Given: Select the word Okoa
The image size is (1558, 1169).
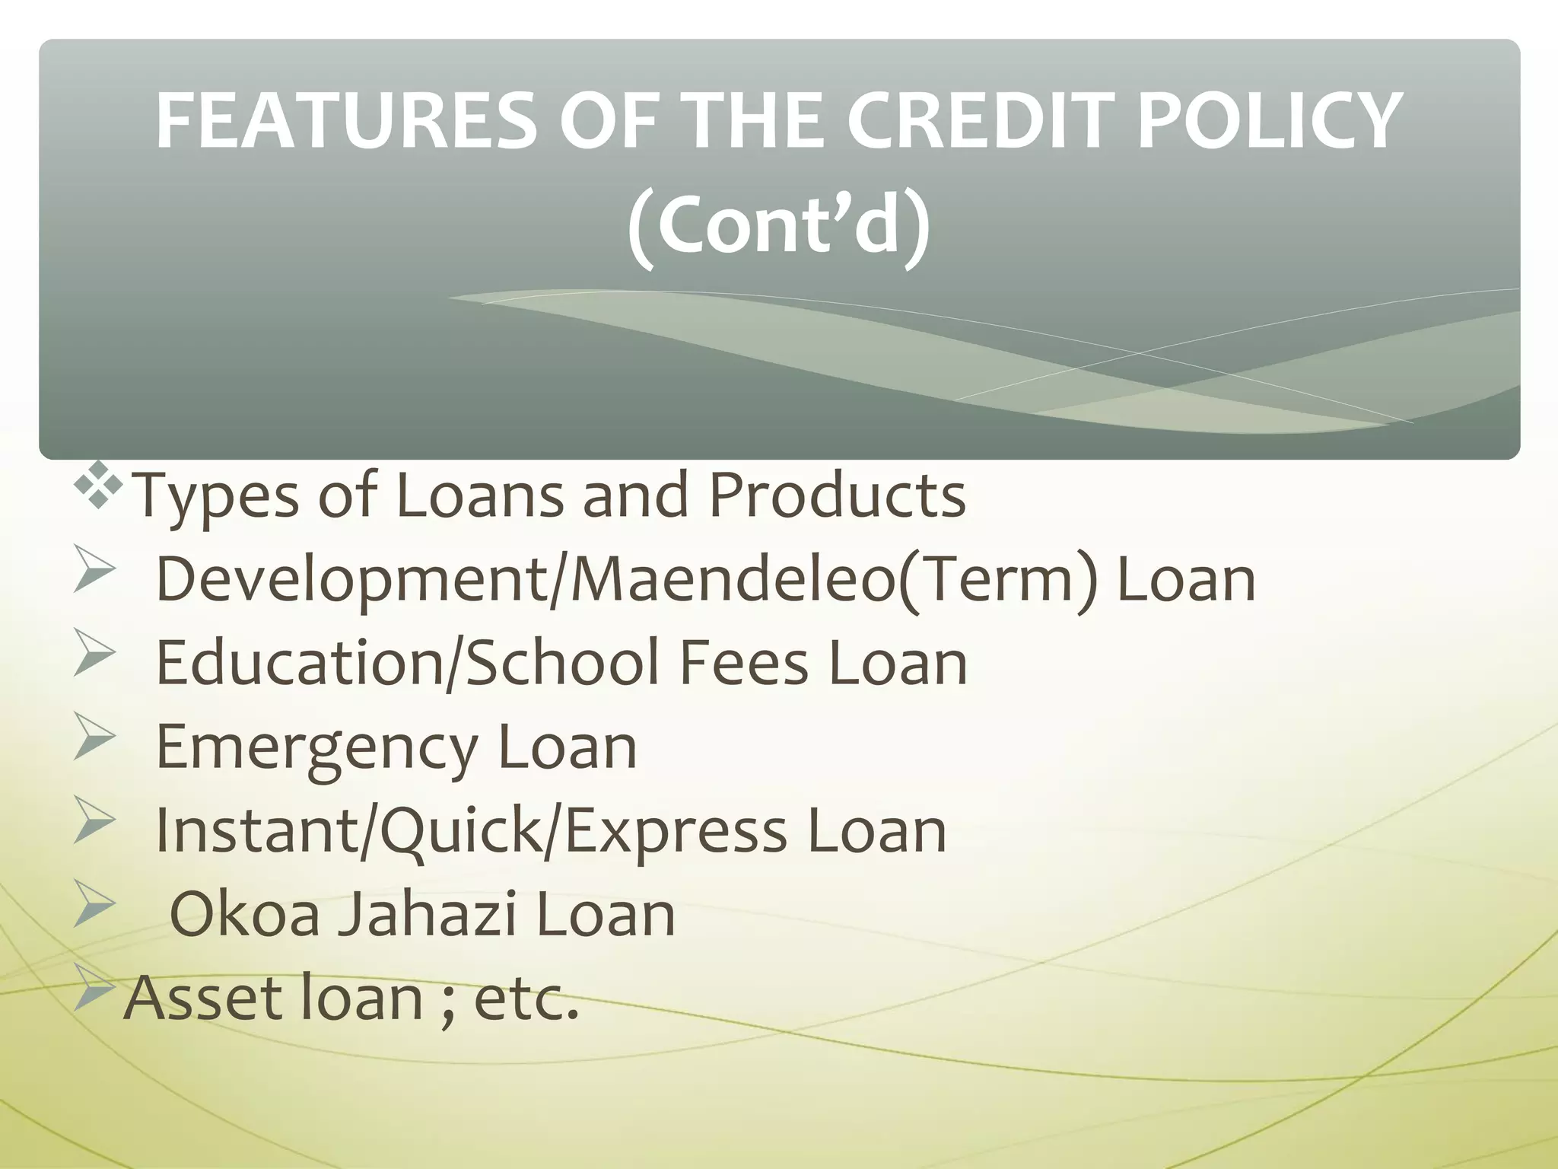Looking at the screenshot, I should pos(244,914).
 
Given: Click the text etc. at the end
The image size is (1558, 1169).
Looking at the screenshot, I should pos(526,999).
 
